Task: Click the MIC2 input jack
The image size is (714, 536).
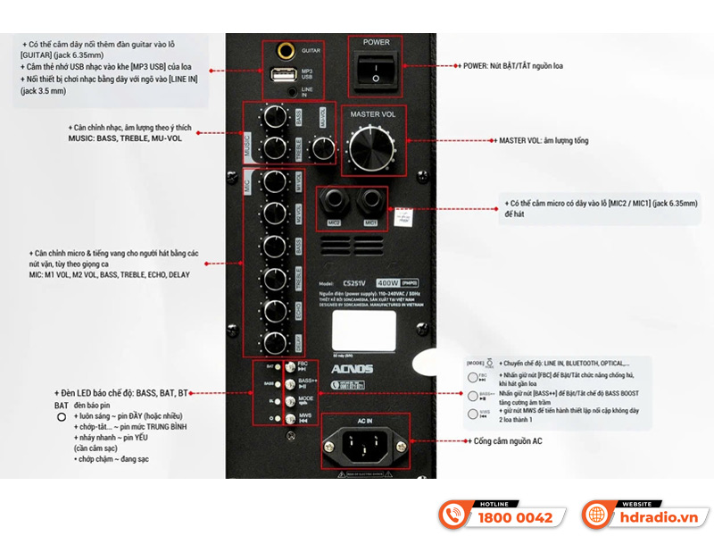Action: click(x=334, y=201)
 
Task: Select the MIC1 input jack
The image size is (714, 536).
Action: click(x=370, y=201)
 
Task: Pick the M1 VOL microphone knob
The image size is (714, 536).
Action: click(x=274, y=181)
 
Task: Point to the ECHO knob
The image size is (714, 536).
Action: click(x=274, y=310)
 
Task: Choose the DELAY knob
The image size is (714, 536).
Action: click(x=274, y=342)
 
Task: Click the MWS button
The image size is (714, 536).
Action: click(x=291, y=417)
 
